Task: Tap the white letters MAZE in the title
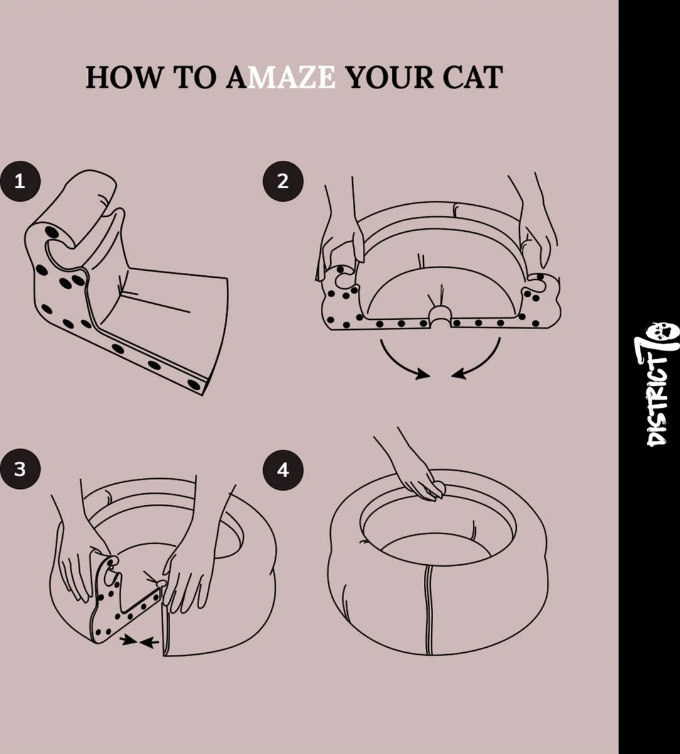click(291, 77)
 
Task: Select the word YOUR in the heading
click(389, 77)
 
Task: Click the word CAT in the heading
click(472, 77)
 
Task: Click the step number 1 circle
click(19, 182)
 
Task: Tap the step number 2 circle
click(283, 182)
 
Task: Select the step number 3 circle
click(19, 469)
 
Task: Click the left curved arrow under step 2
click(402, 361)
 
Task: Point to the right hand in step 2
click(537, 232)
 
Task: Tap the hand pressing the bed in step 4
click(421, 481)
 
